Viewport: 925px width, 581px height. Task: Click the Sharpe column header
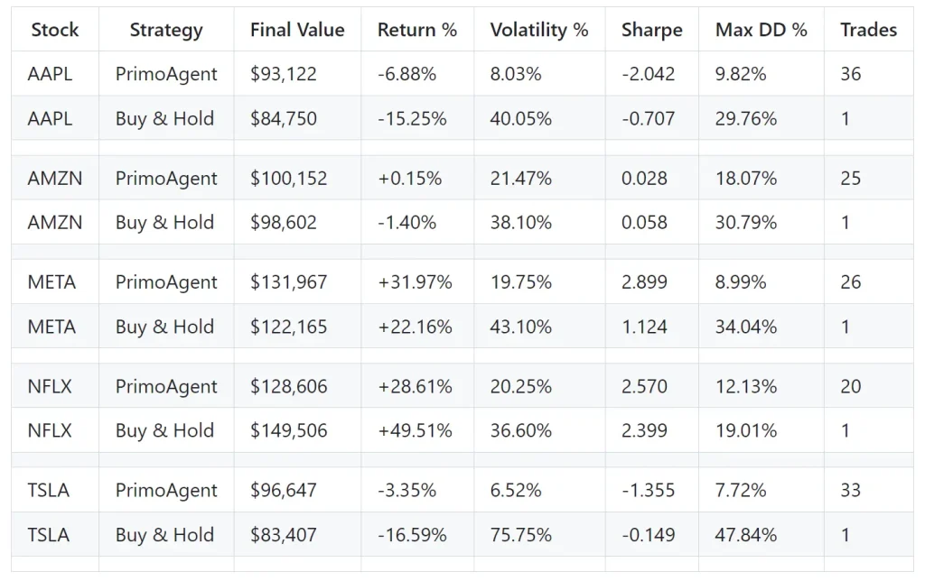[x=650, y=30]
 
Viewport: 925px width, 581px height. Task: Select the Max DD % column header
[x=761, y=30]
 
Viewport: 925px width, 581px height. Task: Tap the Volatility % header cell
[x=538, y=30]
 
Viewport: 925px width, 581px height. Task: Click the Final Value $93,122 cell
[x=284, y=74]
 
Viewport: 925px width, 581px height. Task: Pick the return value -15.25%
[x=412, y=118]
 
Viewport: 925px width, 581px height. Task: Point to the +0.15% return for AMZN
[x=410, y=179]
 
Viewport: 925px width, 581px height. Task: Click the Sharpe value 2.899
[x=644, y=282]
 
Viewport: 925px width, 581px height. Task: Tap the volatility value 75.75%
[x=520, y=535]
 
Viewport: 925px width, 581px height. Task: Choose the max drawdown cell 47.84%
[x=745, y=535]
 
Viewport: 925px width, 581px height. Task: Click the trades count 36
[x=850, y=74]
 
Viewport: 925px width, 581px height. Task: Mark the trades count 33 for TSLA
[x=850, y=491]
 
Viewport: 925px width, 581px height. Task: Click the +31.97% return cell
[x=415, y=282]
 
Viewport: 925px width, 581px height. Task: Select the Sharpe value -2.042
[x=648, y=74]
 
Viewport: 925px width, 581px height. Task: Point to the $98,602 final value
[x=284, y=223]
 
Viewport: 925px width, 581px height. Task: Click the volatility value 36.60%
[x=520, y=430]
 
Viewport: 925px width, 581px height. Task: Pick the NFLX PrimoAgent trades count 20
[x=850, y=386]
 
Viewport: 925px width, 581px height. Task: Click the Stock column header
[x=54, y=30]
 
